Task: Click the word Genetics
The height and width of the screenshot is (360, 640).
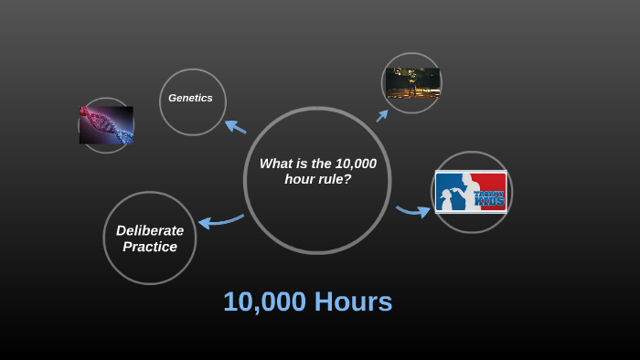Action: pyautogui.click(x=190, y=98)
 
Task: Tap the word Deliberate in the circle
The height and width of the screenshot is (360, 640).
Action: pyautogui.click(x=150, y=230)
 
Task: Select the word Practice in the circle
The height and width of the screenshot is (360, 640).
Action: pyautogui.click(x=150, y=247)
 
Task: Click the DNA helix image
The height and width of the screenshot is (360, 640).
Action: pyautogui.click(x=106, y=125)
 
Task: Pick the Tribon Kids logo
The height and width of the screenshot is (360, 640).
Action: pyautogui.click(x=471, y=192)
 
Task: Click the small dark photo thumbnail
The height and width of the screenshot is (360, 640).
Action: pyautogui.click(x=412, y=83)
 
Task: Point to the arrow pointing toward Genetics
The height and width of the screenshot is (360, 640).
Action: pyautogui.click(x=235, y=126)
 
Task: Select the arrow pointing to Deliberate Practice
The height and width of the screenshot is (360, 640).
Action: pyautogui.click(x=220, y=220)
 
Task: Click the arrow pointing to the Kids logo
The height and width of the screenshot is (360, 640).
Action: pyautogui.click(x=413, y=211)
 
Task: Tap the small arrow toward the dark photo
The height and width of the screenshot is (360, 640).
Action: pyautogui.click(x=382, y=115)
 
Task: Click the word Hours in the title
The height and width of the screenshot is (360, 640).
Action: pyautogui.click(x=353, y=302)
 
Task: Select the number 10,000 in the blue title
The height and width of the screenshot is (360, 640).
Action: pyautogui.click(x=264, y=302)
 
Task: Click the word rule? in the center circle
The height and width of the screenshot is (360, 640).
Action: pyautogui.click(x=335, y=179)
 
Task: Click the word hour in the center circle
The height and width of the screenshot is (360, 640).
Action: pyautogui.click(x=300, y=179)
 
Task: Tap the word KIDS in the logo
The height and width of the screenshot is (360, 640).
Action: pyautogui.click(x=489, y=201)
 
